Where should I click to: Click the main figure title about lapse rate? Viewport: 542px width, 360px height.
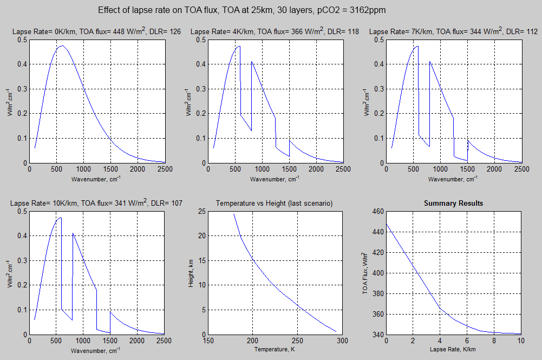(x=242, y=11)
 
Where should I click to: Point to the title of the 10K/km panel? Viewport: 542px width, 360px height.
(x=96, y=204)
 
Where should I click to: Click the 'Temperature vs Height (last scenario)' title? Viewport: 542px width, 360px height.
(x=274, y=204)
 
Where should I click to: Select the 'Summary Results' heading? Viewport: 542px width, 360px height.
(x=453, y=204)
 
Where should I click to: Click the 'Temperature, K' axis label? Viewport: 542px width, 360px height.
(x=275, y=350)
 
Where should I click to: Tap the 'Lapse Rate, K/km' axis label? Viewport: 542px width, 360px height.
(x=453, y=350)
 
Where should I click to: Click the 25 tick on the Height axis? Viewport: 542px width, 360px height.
(x=201, y=211)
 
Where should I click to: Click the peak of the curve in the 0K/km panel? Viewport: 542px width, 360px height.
(x=62, y=46)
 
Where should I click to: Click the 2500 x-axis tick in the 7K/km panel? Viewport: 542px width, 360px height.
(x=521, y=169)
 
